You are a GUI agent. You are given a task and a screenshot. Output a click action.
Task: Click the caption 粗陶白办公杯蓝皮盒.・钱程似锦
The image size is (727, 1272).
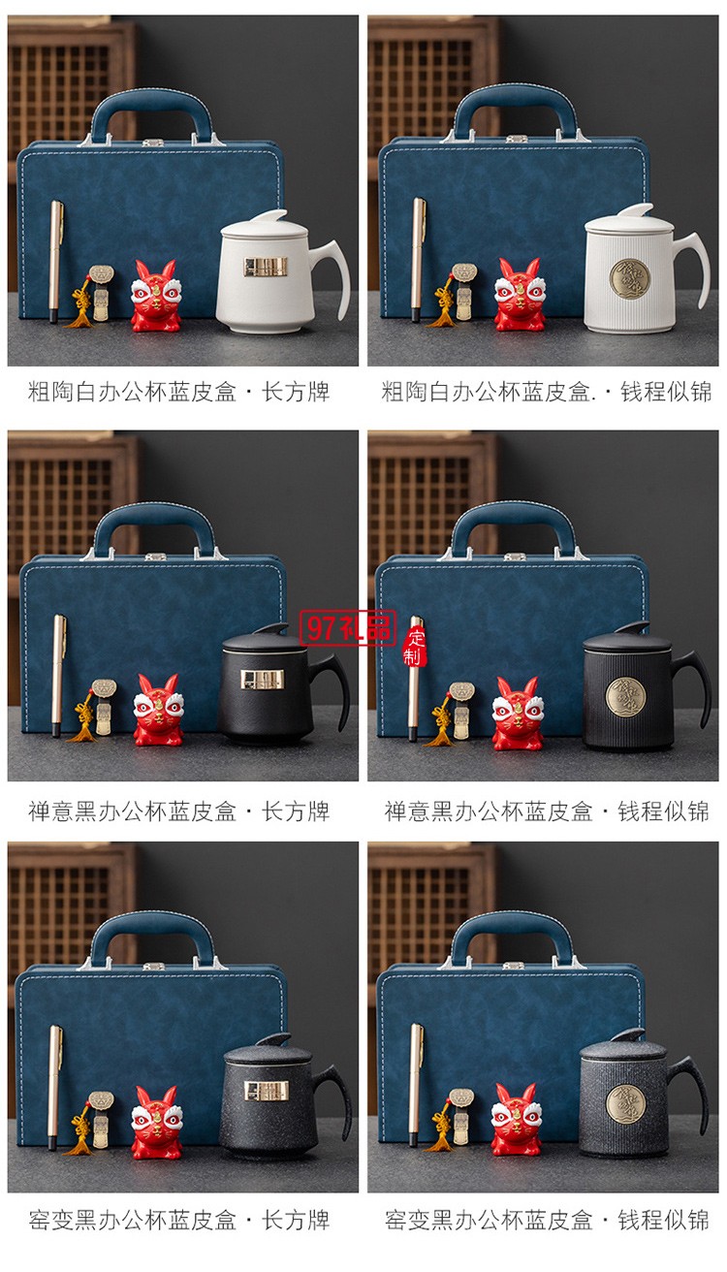(547, 393)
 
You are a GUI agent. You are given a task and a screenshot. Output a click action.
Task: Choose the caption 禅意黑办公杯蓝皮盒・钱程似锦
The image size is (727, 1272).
(547, 811)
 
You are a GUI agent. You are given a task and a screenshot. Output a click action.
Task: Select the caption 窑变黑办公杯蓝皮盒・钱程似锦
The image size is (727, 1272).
(547, 1220)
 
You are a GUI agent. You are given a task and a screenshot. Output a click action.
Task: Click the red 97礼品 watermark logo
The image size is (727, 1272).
(347, 628)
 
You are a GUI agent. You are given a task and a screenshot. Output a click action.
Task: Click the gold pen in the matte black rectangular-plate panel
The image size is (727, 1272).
(58, 674)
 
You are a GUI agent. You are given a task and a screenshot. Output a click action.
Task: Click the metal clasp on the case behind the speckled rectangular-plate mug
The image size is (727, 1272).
(152, 966)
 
